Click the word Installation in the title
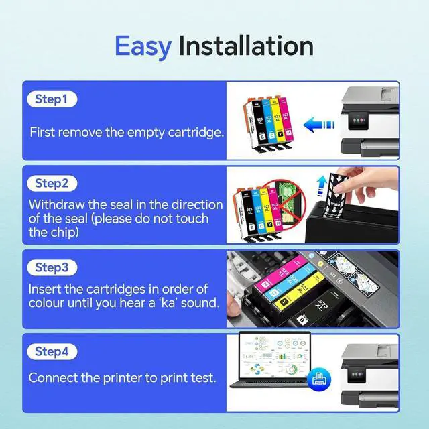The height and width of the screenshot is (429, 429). [246, 46]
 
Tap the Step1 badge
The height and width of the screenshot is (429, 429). [52, 99]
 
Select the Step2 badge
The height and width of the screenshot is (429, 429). [52, 183]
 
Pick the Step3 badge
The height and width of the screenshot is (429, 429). [52, 267]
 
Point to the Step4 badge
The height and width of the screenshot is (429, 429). [52, 351]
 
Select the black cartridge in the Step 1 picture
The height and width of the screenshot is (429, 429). [249, 125]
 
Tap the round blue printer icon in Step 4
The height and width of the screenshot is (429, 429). [318, 380]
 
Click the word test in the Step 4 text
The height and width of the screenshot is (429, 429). [202, 378]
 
